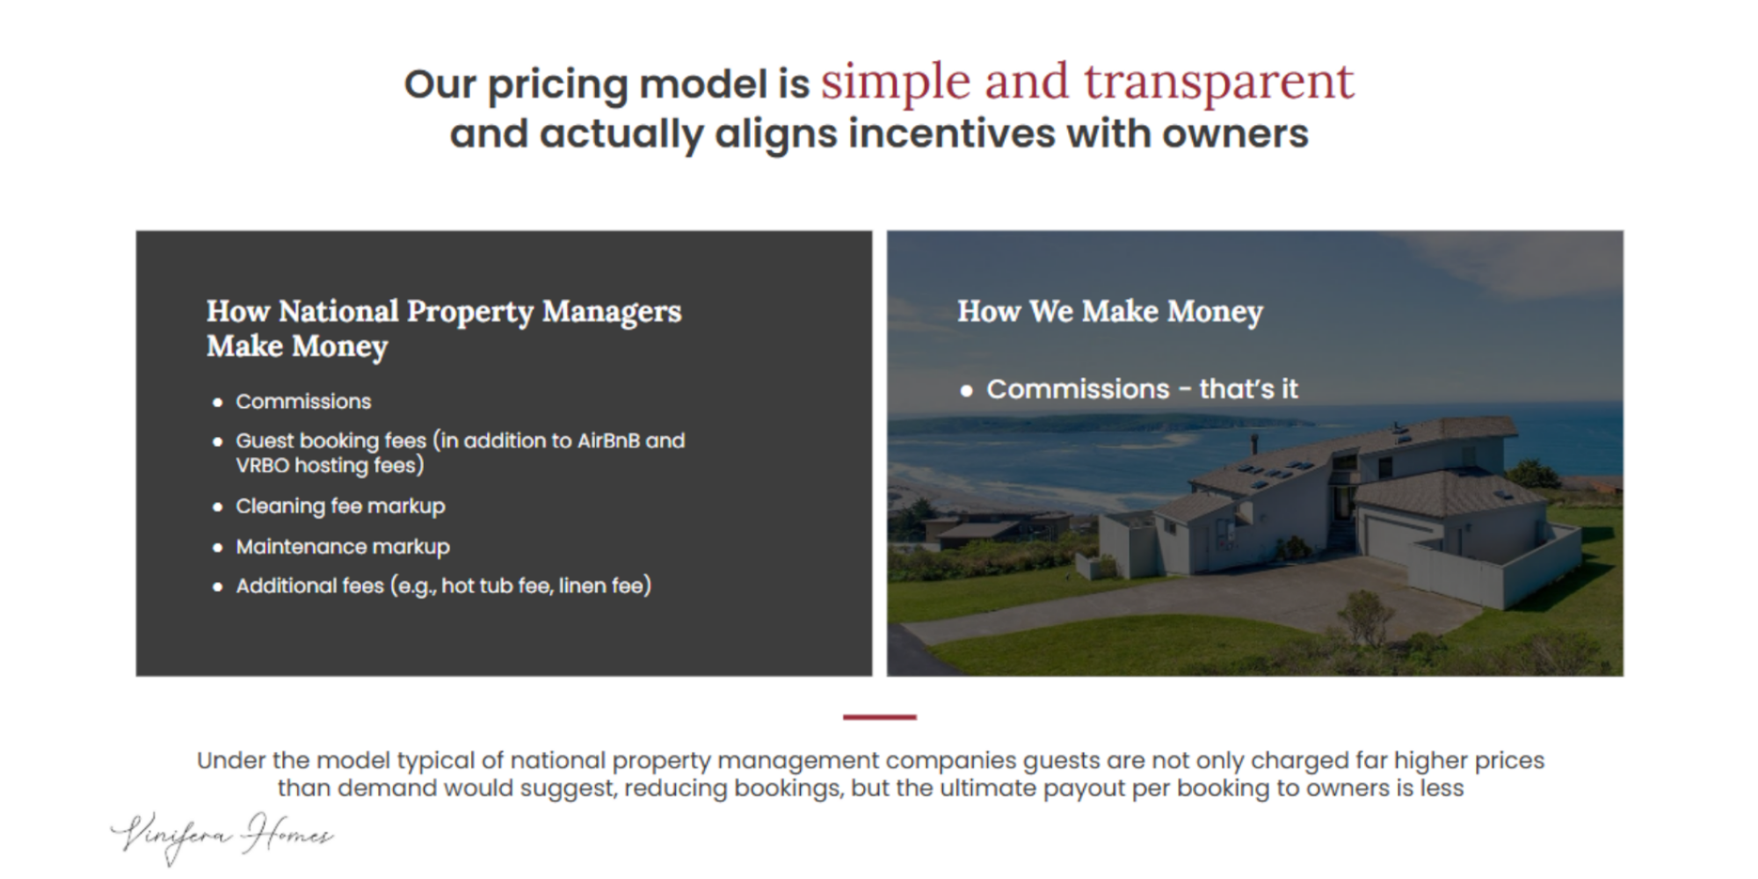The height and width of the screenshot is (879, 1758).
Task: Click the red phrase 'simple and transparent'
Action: point(1087,83)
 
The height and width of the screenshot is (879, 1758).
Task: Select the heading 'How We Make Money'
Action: point(1110,311)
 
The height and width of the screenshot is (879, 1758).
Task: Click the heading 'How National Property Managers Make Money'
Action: point(444,329)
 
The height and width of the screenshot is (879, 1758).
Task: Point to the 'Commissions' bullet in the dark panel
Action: point(303,402)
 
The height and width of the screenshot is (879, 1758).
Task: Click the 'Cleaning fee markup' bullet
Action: point(340,506)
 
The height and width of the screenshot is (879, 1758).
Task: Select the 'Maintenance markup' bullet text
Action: point(343,547)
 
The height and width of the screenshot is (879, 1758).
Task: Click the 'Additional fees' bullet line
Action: point(444,585)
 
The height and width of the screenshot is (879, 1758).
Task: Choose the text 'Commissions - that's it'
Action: point(1142,389)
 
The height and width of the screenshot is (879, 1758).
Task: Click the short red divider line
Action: point(879,717)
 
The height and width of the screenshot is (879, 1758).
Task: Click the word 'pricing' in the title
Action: point(557,85)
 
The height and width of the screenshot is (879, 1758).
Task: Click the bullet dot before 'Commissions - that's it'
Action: point(966,390)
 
